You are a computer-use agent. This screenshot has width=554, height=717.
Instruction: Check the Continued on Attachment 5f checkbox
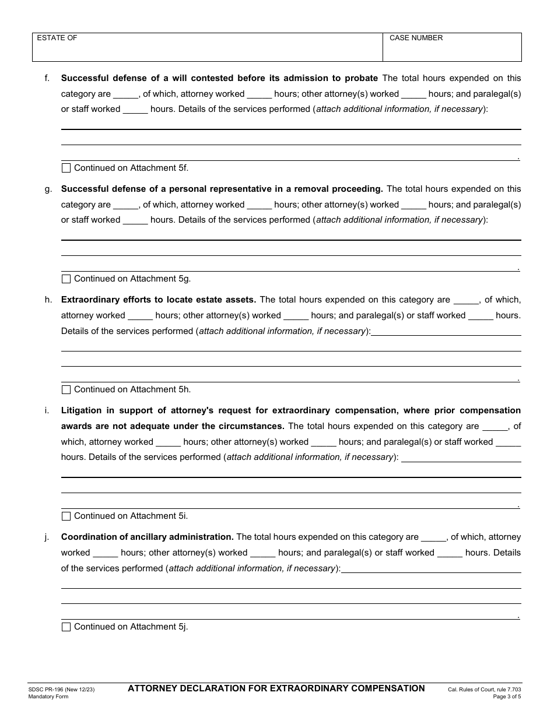[x=66, y=168]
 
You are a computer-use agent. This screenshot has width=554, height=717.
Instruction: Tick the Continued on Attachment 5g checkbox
[x=66, y=279]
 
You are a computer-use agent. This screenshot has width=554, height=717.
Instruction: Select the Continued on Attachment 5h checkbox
[x=66, y=389]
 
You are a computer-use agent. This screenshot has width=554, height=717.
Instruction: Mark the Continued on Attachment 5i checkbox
[x=66, y=516]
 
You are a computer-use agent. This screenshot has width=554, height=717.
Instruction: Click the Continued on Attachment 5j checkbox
[x=66, y=627]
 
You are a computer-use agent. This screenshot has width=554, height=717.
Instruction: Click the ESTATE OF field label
[x=57, y=38]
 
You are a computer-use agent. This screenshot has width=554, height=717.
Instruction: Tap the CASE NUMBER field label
[x=416, y=38]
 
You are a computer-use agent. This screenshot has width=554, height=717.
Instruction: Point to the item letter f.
[x=47, y=78]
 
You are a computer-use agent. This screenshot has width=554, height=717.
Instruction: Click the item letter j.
[x=47, y=537]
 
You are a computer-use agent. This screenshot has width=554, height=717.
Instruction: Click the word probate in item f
[x=362, y=78]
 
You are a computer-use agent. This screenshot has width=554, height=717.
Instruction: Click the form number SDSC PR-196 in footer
[x=48, y=690]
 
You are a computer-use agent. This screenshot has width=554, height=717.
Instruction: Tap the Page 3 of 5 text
[x=507, y=697]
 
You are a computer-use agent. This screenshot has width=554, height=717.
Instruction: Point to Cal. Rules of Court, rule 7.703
[x=485, y=690]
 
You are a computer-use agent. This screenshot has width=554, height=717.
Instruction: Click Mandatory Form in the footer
[x=48, y=697]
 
